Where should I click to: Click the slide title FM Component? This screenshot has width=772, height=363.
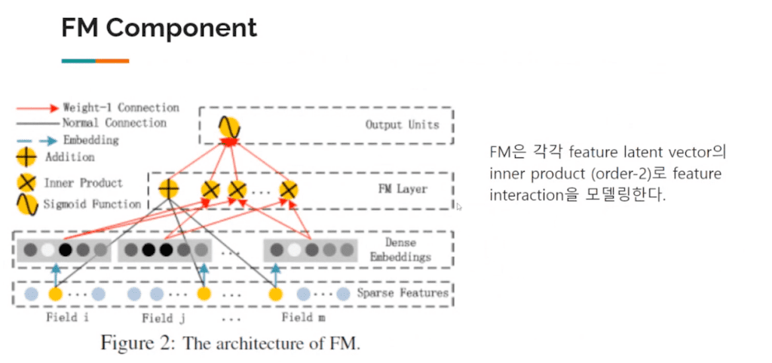click(x=158, y=29)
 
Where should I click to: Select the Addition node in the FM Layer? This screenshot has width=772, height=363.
click(x=169, y=190)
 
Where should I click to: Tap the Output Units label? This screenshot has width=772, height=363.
click(x=402, y=124)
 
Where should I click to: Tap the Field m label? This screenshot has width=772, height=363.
click(x=303, y=317)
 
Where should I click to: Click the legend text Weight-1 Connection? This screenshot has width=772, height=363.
click(x=121, y=108)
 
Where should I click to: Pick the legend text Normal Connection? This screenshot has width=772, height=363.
click(x=115, y=123)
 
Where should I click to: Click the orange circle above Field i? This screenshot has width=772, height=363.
click(x=55, y=294)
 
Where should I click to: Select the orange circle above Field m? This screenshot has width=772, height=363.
click(x=275, y=294)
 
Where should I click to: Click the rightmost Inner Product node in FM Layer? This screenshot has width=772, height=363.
click(x=287, y=190)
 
